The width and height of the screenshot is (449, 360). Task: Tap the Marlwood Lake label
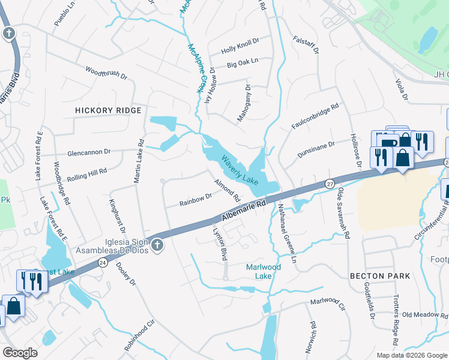[x=264, y=271]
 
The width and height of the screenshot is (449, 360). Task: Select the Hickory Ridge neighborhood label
[x=108, y=110]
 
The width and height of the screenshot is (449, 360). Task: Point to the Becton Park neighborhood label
[x=381, y=276]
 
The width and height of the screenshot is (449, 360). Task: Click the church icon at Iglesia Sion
[x=157, y=244]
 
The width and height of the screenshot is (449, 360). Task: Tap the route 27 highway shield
[x=330, y=182]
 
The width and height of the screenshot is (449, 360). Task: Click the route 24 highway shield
[x=103, y=263]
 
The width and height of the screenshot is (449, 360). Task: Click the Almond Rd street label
[x=228, y=190]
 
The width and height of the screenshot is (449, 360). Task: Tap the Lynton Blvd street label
[x=219, y=242]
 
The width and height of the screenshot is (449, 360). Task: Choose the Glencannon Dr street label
[x=89, y=153]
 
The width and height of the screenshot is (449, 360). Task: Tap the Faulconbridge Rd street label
[x=316, y=114]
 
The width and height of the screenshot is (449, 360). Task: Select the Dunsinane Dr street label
[x=316, y=149]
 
